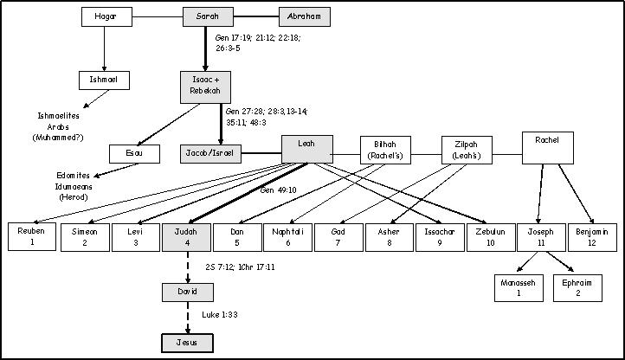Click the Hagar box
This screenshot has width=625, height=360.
point(106,16)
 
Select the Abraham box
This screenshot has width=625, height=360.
point(305,16)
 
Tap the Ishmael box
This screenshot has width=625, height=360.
point(104,80)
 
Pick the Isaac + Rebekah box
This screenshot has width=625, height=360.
point(205,87)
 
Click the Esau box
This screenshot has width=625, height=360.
point(135,153)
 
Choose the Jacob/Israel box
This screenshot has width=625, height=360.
point(210,153)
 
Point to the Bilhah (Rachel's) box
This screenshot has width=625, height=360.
point(385,151)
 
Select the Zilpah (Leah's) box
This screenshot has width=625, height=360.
point(467,151)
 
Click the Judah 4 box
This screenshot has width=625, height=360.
point(186,237)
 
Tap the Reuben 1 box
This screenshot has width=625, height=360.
point(32,237)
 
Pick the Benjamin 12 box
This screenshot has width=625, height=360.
point(592,237)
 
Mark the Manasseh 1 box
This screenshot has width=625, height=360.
point(519,288)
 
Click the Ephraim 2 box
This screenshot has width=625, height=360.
point(577,288)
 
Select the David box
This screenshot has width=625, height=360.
point(187,292)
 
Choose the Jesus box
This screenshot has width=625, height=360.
point(187,343)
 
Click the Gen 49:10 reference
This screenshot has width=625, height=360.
point(278,190)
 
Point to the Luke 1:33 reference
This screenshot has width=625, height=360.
point(220,315)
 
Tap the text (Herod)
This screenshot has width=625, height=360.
point(74,197)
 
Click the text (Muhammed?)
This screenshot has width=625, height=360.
point(58,138)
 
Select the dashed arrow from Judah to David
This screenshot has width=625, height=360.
point(187,267)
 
